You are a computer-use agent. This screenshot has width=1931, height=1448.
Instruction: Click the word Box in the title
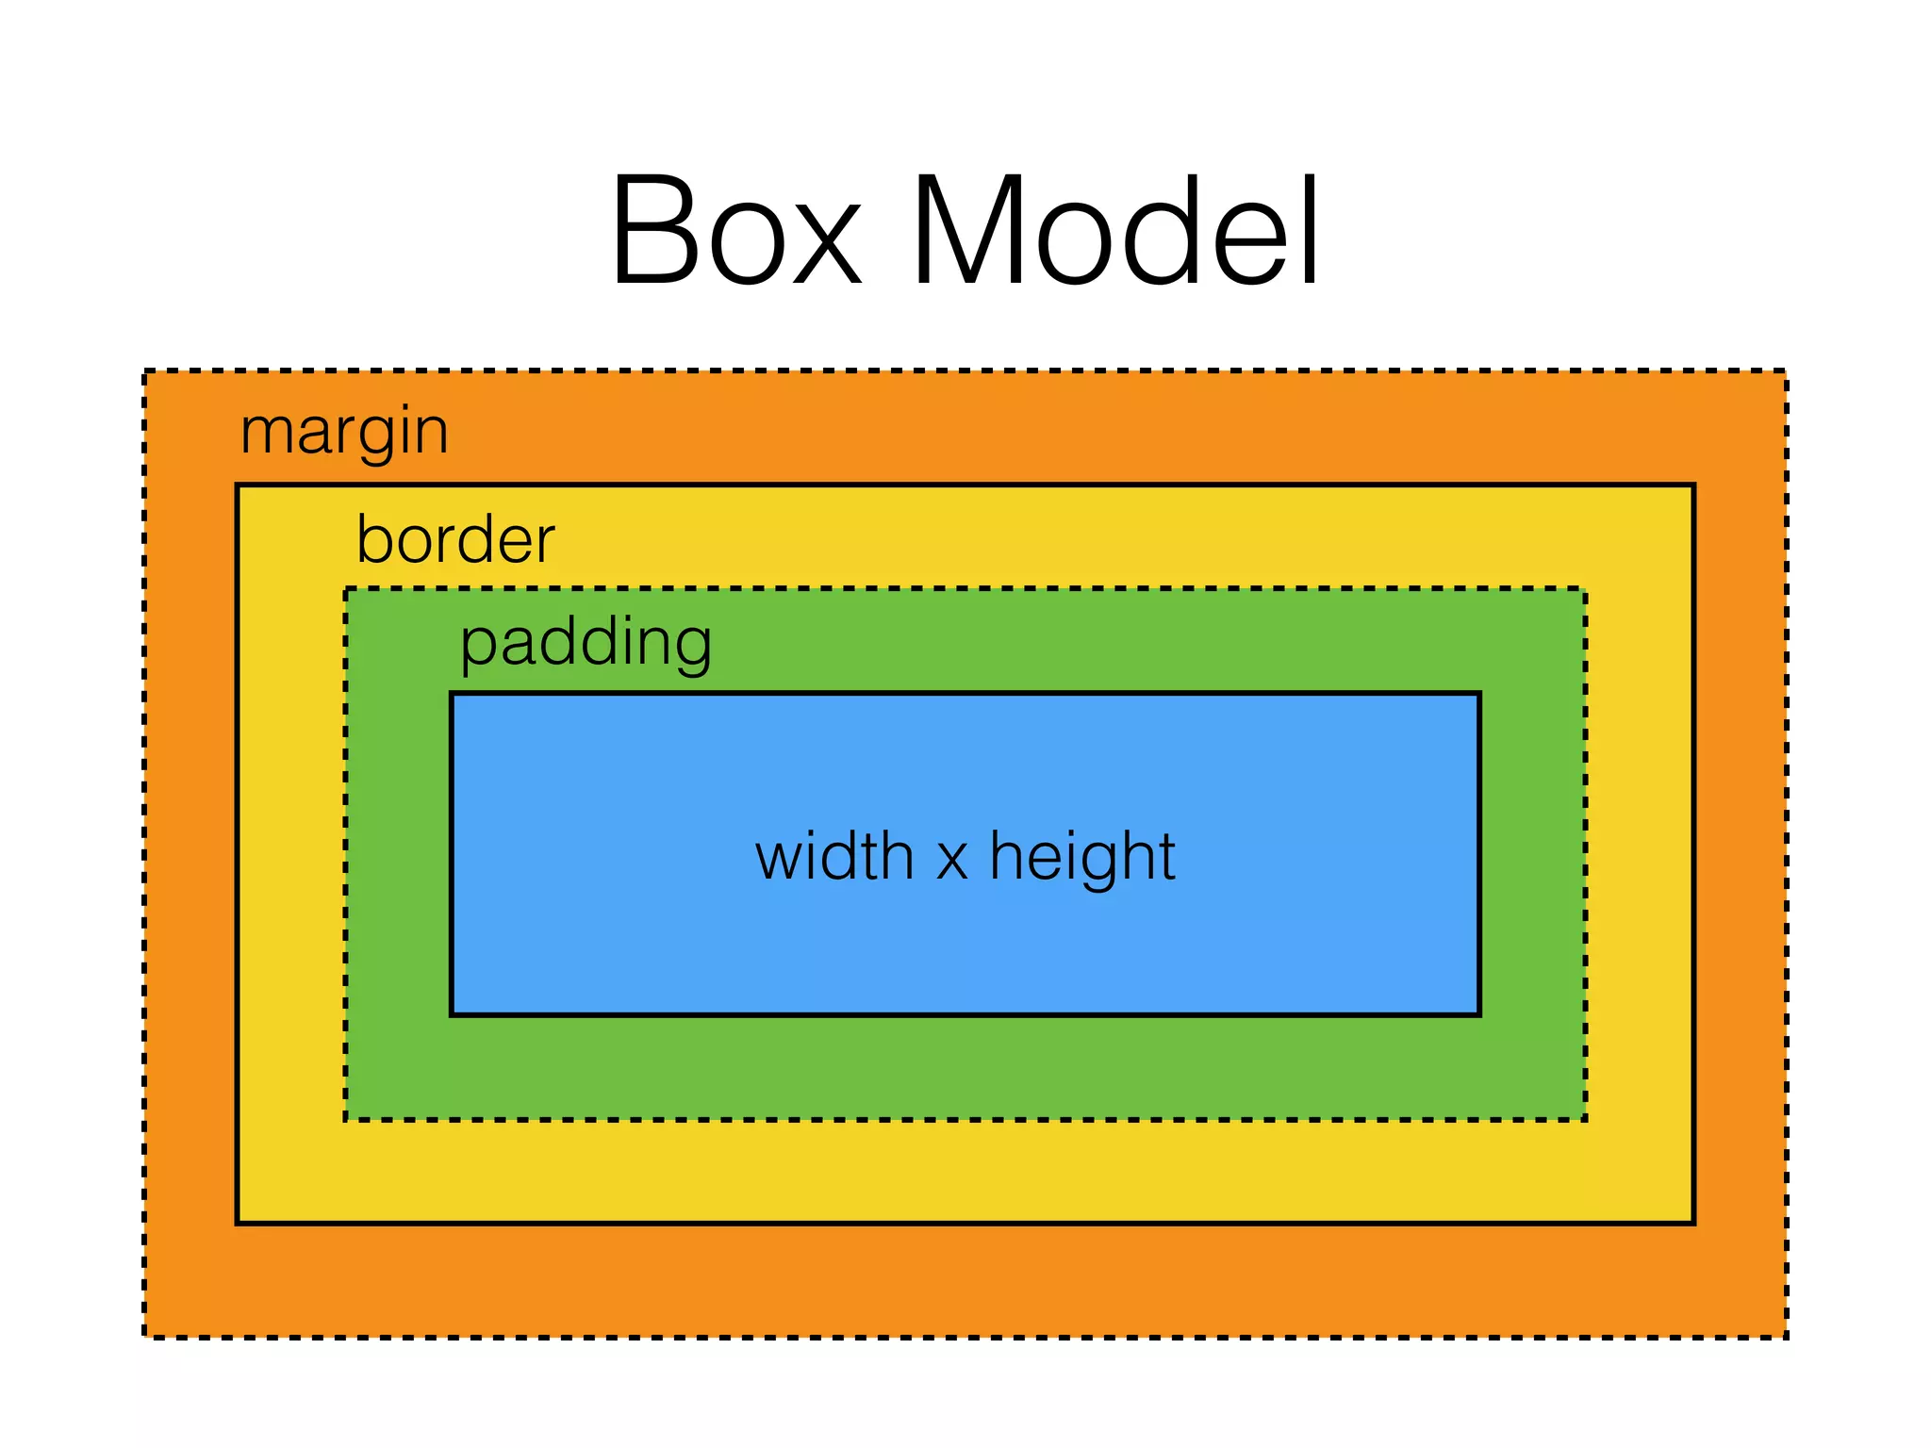pos(735,231)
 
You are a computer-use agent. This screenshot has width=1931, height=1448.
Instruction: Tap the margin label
pos(344,432)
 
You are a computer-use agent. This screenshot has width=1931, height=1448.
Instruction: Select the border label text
pos(455,539)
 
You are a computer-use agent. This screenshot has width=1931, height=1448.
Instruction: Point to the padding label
pos(586,643)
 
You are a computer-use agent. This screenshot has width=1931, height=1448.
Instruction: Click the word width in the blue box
pos(834,857)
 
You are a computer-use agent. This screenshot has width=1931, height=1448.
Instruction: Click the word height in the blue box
pos(1081,857)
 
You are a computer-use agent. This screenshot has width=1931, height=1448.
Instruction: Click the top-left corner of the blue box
pos(452,695)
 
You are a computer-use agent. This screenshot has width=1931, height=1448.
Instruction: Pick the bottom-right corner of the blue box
pos(1478,1014)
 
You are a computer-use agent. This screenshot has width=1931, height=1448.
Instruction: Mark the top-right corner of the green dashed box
pos(1585,590)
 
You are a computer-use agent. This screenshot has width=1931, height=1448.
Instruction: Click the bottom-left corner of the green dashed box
pos(346,1119)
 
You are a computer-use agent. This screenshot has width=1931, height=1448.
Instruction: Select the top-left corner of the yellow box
pos(238,486)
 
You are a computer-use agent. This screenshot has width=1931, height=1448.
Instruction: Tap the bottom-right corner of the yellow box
pos(1693,1223)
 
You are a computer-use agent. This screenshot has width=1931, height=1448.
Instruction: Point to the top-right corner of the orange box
pos(1785,371)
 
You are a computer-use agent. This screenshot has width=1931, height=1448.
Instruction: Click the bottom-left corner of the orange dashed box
pos(145,1336)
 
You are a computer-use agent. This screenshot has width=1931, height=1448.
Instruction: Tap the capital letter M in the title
pos(966,231)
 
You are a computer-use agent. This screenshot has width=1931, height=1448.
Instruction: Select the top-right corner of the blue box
pos(1478,695)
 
